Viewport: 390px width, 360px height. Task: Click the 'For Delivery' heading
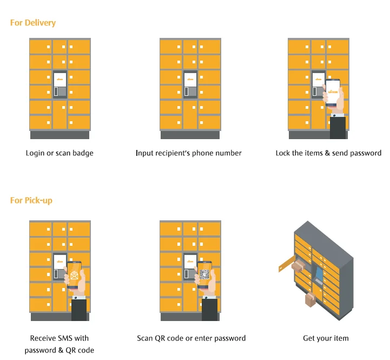[x=33, y=23]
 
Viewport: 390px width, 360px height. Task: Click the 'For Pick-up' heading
[x=31, y=200]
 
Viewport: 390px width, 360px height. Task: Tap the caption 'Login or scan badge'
[x=60, y=153]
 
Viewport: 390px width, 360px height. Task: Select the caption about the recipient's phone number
[x=189, y=153]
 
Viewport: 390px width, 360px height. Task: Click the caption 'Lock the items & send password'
[x=328, y=153]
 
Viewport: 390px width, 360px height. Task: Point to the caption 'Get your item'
[x=326, y=338]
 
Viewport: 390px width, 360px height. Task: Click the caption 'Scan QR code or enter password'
[x=191, y=338]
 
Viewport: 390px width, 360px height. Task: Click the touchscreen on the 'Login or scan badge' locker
[x=60, y=79]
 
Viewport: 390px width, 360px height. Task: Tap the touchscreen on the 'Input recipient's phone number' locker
[x=190, y=79]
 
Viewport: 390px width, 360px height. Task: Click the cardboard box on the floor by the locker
[x=310, y=299]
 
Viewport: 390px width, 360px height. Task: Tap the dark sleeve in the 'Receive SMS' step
[x=79, y=309]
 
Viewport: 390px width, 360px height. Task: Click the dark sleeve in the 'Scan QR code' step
[x=209, y=309]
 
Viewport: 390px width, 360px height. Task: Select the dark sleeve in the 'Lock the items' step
[x=338, y=127]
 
